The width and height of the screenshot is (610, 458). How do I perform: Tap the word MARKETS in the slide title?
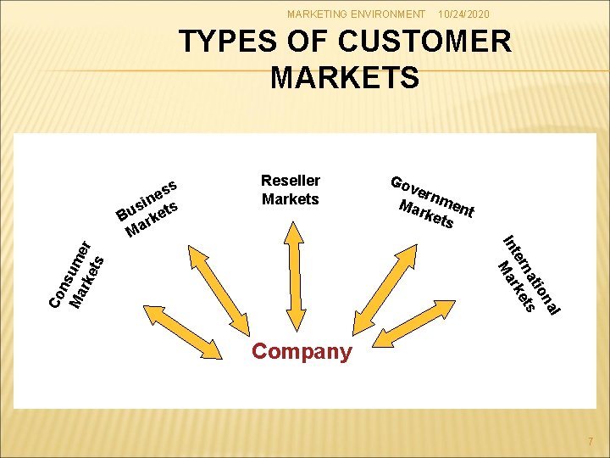[345, 77]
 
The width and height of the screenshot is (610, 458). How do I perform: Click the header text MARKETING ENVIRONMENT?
[356, 14]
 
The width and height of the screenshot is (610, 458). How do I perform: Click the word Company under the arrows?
[302, 351]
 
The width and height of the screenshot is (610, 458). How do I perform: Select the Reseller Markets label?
[291, 190]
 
